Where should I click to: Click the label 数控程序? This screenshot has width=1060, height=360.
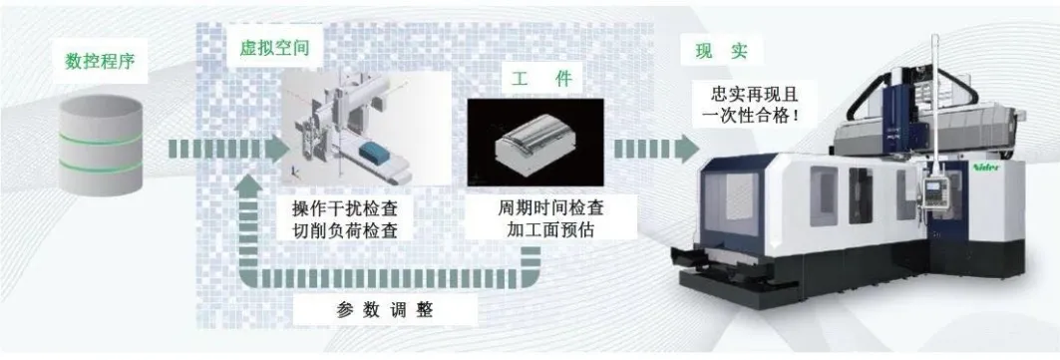pos(100,62)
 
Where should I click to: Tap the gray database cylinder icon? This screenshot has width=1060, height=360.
pos(100,146)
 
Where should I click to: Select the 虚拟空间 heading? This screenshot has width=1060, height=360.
pos(274,49)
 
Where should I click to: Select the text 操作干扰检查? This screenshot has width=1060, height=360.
pos(344,207)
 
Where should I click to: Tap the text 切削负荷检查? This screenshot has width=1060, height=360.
pos(344,231)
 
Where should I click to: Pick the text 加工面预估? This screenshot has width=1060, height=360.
pos(551,229)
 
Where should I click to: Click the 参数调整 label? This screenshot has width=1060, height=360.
pos(385,311)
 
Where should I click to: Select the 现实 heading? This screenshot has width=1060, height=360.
pos(722,52)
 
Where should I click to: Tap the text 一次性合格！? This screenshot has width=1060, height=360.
pos(752,115)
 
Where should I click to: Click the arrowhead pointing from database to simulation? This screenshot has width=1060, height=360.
pos(277,149)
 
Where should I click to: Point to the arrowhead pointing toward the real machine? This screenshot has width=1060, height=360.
pos(687,149)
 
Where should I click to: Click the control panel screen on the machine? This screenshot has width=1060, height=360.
pos(934,187)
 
